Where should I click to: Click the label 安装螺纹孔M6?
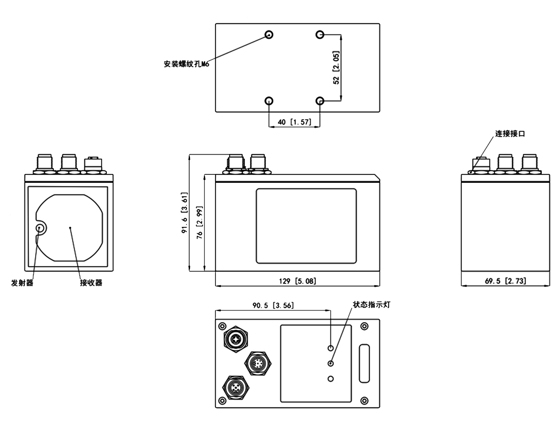tap(187, 64)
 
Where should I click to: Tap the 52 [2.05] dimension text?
tap(336, 68)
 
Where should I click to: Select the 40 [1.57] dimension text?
tap(295, 122)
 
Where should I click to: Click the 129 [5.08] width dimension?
tap(297, 281)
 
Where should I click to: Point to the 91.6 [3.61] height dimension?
tap(185, 213)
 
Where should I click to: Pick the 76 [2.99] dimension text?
tap(199, 222)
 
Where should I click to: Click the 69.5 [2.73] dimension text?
tap(506, 281)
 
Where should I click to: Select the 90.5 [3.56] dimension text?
tap(273, 305)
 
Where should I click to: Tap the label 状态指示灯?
tap(372, 305)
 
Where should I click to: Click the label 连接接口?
tap(510, 134)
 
